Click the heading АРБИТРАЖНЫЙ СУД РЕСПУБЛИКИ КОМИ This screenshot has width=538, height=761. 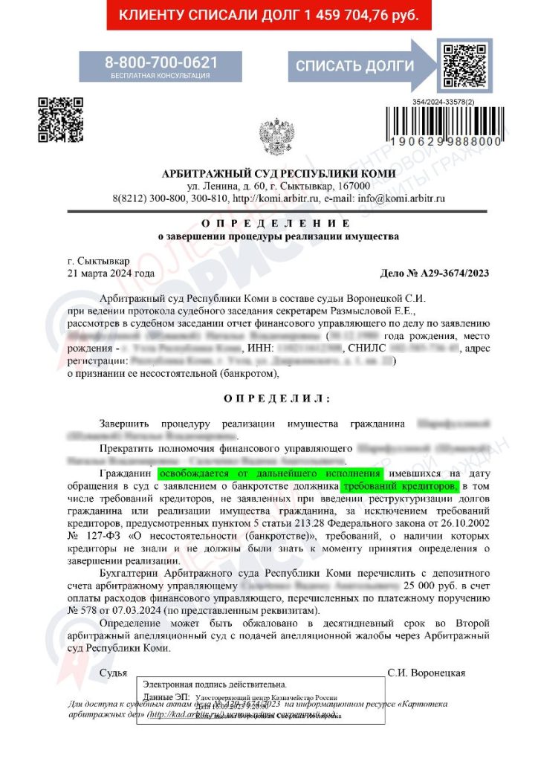pyautogui.click(x=278, y=174)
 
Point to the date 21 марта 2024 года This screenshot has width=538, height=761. pyautogui.click(x=111, y=273)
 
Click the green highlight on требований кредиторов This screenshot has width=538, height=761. pyautogui.click(x=400, y=485)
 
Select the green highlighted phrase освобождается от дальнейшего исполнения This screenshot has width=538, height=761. pyautogui.click(x=269, y=473)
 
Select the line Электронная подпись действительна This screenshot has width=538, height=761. pyautogui.click(x=215, y=684)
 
